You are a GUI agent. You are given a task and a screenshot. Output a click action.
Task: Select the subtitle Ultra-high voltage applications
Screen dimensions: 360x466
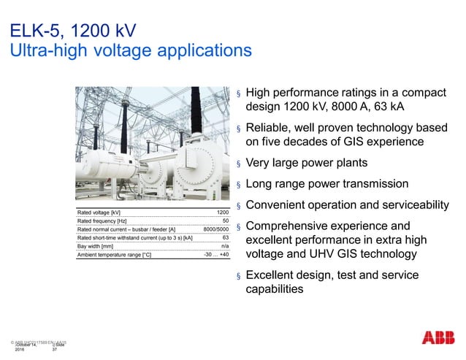[x=129, y=51]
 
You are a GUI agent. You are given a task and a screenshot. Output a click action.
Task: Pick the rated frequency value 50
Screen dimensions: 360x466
[x=226, y=221]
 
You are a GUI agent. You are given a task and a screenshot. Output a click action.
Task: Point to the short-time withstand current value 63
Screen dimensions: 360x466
[x=226, y=238]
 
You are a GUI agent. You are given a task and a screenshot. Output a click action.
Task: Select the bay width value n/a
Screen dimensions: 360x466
[x=225, y=247]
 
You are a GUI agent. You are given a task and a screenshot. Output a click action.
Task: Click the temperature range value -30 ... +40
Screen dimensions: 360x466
[x=216, y=256]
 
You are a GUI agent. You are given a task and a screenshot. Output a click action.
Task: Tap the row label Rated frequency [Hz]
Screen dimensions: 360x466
[x=102, y=221]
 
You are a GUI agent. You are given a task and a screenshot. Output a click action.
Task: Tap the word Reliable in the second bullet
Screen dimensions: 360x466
[x=268, y=129]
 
